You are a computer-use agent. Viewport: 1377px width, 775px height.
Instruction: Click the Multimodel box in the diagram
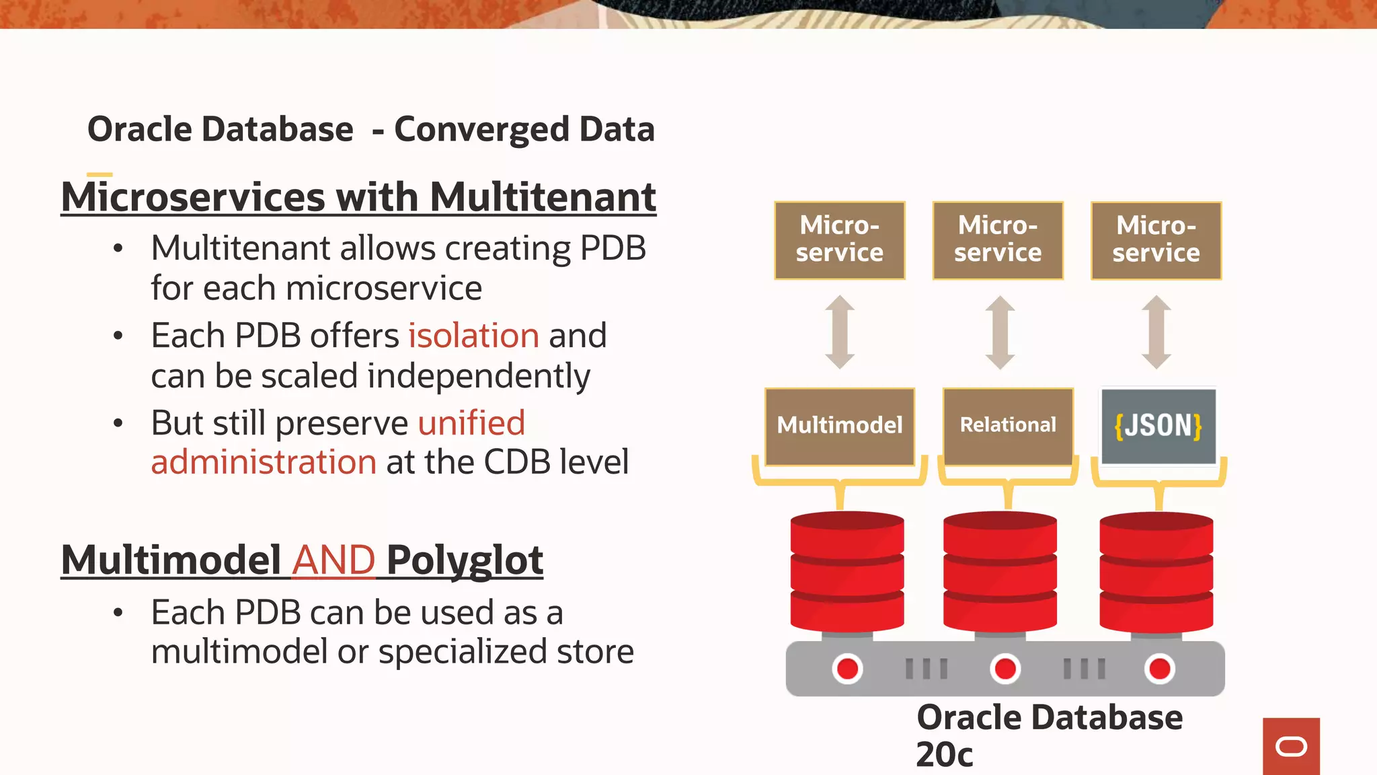click(840, 426)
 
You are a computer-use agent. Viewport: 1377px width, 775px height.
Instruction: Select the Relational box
click(1008, 426)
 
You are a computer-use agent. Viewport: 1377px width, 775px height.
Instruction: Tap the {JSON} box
click(1158, 426)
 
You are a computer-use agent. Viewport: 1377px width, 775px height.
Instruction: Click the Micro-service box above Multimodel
click(840, 240)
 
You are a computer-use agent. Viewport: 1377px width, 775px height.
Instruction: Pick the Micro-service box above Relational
click(998, 240)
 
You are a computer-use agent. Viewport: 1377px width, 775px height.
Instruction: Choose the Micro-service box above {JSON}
click(1156, 240)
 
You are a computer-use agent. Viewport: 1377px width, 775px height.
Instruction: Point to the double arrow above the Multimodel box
click(840, 332)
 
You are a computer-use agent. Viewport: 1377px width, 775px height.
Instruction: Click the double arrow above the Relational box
click(1000, 332)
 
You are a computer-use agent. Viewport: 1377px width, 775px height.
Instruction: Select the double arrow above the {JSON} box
click(1156, 332)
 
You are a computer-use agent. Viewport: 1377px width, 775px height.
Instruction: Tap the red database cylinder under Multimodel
click(847, 572)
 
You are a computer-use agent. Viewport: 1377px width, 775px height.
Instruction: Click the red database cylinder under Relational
click(1000, 572)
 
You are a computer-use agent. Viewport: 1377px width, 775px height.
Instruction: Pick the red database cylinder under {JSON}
click(1156, 572)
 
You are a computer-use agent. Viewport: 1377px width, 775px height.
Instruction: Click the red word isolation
click(474, 336)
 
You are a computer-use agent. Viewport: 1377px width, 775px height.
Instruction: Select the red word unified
click(471, 423)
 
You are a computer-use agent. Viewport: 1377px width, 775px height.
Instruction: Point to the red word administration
click(264, 463)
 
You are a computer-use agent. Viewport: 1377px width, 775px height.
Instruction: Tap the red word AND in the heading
click(333, 560)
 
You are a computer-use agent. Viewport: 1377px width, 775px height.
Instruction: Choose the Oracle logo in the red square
click(1291, 747)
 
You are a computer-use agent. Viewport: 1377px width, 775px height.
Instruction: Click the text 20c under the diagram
click(944, 755)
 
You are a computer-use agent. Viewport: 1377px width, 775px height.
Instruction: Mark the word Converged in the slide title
click(482, 129)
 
